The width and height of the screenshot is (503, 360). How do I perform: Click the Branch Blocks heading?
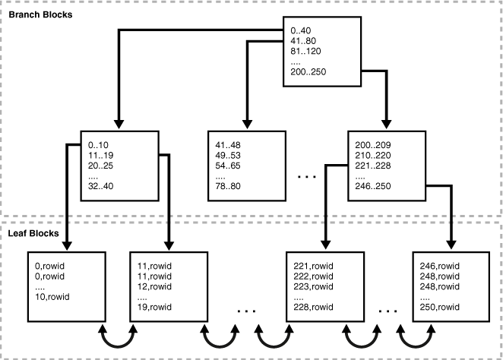pos(40,14)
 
